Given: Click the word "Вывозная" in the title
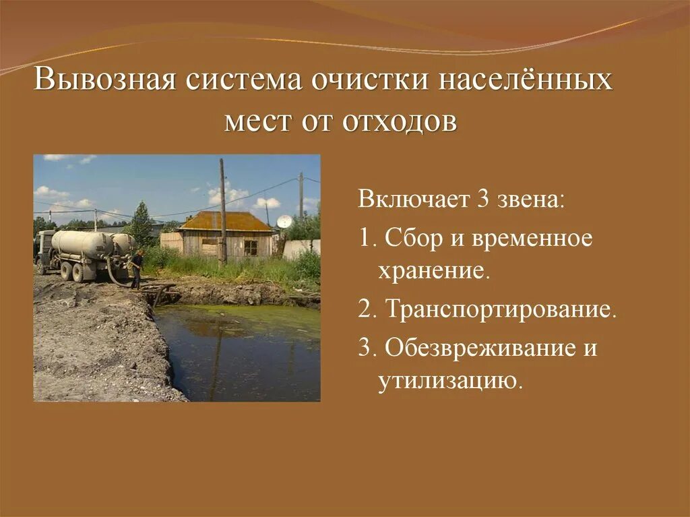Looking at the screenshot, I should point(106,80).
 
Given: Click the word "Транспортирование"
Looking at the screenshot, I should point(501,311).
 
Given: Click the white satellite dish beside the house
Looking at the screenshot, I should point(284,221).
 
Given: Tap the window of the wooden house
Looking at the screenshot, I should point(251,247).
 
